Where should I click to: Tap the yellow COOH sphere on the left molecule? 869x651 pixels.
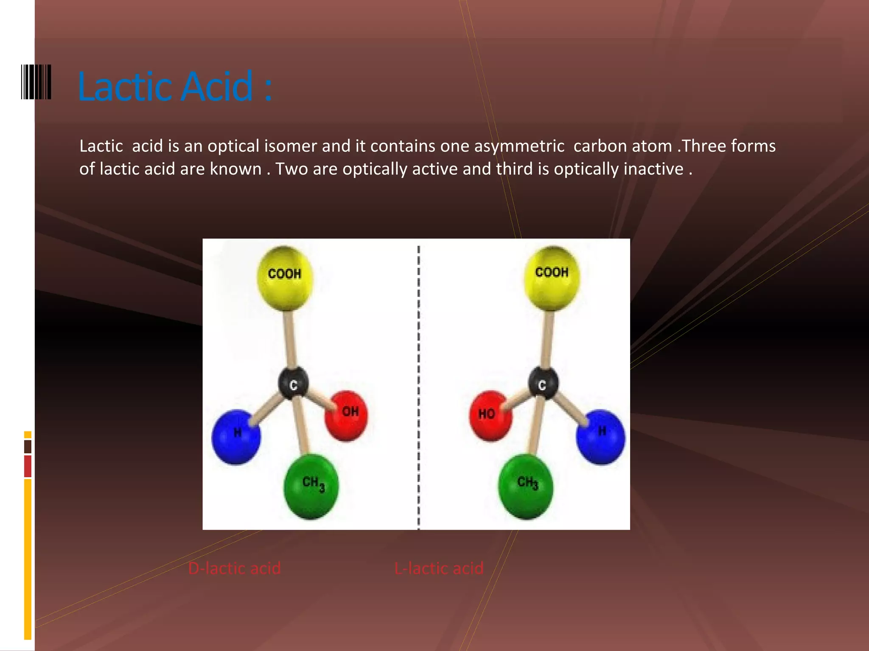(285, 278)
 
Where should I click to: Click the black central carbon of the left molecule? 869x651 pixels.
(293, 384)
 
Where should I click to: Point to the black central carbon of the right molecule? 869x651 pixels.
(543, 384)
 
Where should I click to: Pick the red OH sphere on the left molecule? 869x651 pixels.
(347, 415)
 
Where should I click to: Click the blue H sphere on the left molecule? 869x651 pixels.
(236, 437)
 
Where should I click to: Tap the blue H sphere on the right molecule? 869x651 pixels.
(600, 437)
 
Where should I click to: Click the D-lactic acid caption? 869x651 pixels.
(234, 568)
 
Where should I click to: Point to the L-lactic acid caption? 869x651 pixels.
(439, 568)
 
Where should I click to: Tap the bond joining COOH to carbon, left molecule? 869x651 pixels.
(289, 339)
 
